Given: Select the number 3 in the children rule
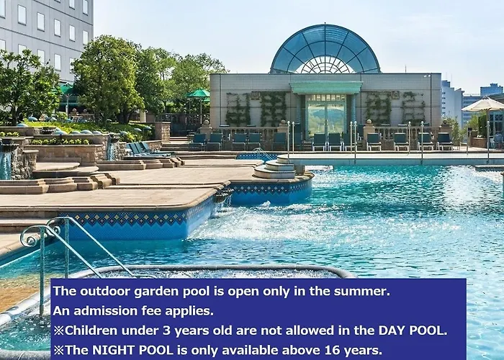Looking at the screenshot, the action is [x=166, y=330].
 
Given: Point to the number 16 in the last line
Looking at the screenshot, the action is [x=332, y=350].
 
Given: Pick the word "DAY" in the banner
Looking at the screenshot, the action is [x=392, y=330].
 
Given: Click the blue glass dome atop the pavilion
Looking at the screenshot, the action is [x=325, y=49].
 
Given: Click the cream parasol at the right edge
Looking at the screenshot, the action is [x=484, y=105].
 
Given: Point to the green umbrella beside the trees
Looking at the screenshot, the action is [x=198, y=94].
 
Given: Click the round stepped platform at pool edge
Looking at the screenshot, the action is [x=274, y=169].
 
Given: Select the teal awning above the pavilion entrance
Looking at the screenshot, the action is [x=326, y=87].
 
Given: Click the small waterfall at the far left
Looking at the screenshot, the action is [x=6, y=165].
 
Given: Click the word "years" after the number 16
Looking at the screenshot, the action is [x=363, y=351].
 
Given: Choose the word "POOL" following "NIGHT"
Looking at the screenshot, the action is [x=153, y=350].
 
